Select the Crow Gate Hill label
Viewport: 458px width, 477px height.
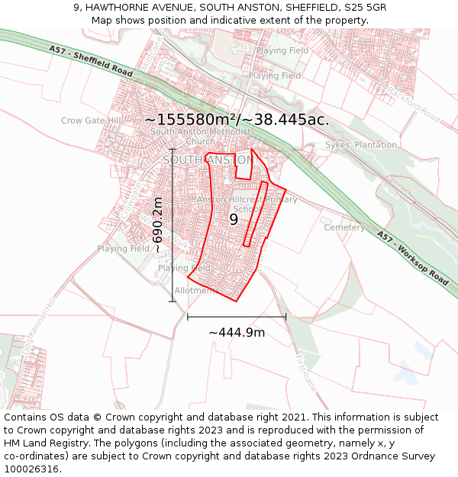[x=91, y=121]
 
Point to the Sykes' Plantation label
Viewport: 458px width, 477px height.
[x=361, y=145]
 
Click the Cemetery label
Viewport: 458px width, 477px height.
[x=344, y=227]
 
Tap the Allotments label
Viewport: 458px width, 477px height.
[x=197, y=291]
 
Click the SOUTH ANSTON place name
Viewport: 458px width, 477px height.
[x=206, y=160]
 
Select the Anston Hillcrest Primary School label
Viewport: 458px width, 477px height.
[x=247, y=204]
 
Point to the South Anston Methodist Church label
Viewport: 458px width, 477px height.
[x=200, y=136]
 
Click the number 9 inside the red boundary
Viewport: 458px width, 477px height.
[x=234, y=219]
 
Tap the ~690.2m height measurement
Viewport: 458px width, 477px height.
[x=158, y=225]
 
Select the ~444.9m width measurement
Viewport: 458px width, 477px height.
[x=237, y=333]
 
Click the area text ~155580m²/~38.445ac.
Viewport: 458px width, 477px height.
[x=237, y=119]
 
